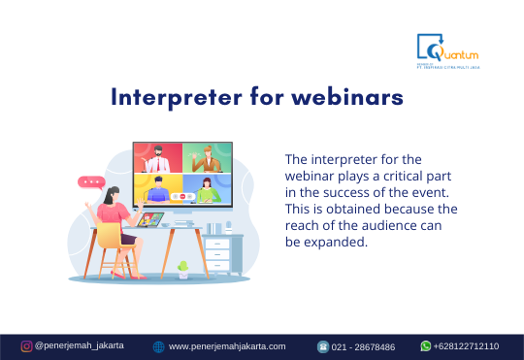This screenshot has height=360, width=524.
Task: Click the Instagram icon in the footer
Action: (x=27, y=345)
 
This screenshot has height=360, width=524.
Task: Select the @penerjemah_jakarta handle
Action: (x=79, y=345)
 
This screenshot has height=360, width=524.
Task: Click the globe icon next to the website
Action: (x=159, y=346)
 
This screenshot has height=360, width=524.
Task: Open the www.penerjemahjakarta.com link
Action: (x=227, y=346)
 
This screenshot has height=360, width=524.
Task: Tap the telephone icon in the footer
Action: (x=323, y=346)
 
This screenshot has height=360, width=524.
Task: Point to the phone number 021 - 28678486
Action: (x=364, y=346)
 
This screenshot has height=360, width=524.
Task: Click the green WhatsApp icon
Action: (x=425, y=345)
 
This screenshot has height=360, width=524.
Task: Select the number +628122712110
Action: (x=466, y=345)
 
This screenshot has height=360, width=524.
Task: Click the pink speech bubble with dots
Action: (x=91, y=181)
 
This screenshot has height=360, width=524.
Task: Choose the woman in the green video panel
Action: (x=208, y=159)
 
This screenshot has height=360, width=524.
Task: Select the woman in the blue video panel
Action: (x=208, y=189)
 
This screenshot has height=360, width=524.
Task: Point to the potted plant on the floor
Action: (x=182, y=267)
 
